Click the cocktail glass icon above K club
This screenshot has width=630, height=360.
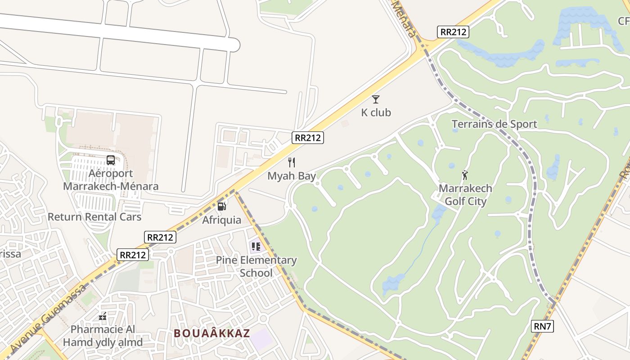[x=376, y=99]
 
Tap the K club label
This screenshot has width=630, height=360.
[x=376, y=112]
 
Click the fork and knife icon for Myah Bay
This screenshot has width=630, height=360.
[x=292, y=162]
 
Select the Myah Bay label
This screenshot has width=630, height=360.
[x=292, y=176]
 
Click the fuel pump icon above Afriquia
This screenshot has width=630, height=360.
[x=221, y=207]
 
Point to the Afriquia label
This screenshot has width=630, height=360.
[x=221, y=220]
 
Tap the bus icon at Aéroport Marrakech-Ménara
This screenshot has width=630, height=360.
[x=111, y=160]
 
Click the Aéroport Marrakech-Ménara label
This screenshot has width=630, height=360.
[x=111, y=180]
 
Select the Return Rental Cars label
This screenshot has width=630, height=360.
[x=94, y=217]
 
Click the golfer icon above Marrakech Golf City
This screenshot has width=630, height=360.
[x=465, y=175]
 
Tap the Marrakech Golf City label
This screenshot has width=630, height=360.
[x=465, y=195]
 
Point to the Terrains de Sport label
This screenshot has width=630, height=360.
[x=494, y=124]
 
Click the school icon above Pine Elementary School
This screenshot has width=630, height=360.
[x=256, y=247]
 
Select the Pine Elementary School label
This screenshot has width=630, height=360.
[x=256, y=266]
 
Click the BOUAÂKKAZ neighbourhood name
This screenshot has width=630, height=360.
[x=211, y=333]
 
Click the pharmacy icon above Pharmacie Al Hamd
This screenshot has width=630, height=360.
[x=103, y=316]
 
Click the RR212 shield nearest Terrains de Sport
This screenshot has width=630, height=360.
[x=453, y=32]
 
